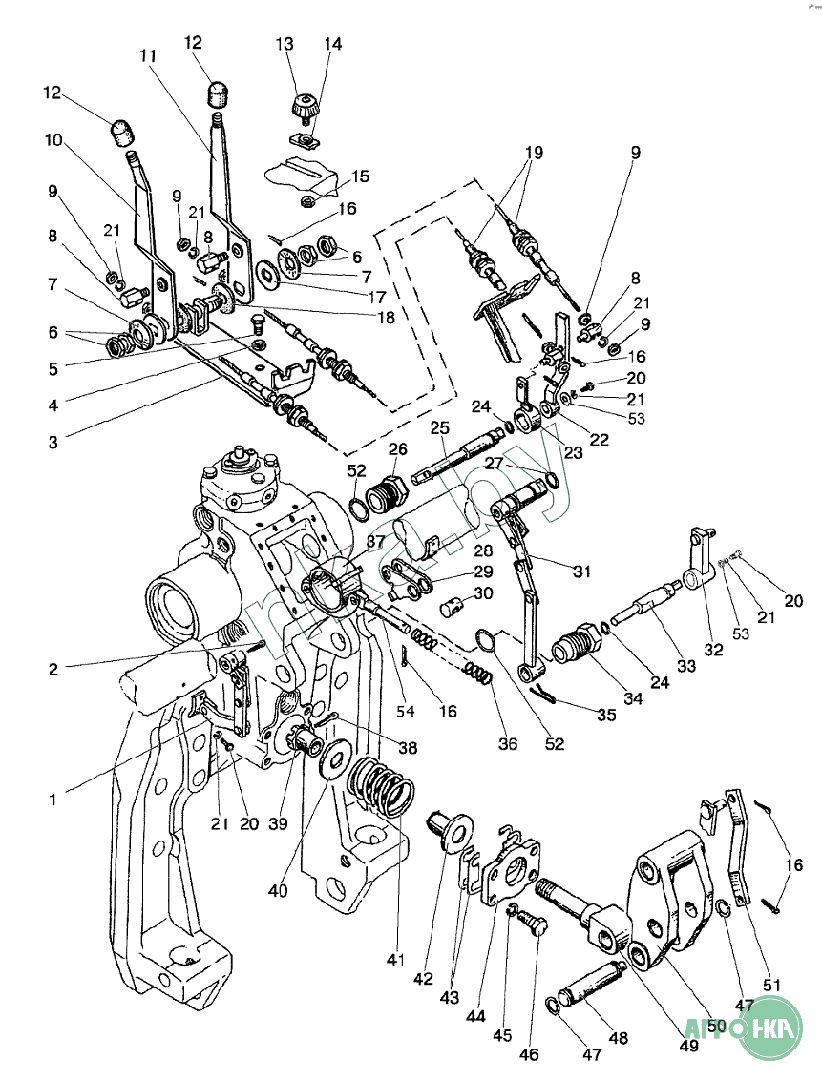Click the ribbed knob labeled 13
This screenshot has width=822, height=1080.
click(x=306, y=107)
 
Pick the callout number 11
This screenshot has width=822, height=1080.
click(x=147, y=56)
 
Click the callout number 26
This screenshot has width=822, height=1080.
click(x=398, y=449)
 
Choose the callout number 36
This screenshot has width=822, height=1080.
click(x=508, y=743)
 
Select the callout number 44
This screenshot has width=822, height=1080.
click(x=476, y=1017)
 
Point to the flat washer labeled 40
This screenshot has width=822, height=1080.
click(x=335, y=759)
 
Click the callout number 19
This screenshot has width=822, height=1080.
click(x=532, y=152)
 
